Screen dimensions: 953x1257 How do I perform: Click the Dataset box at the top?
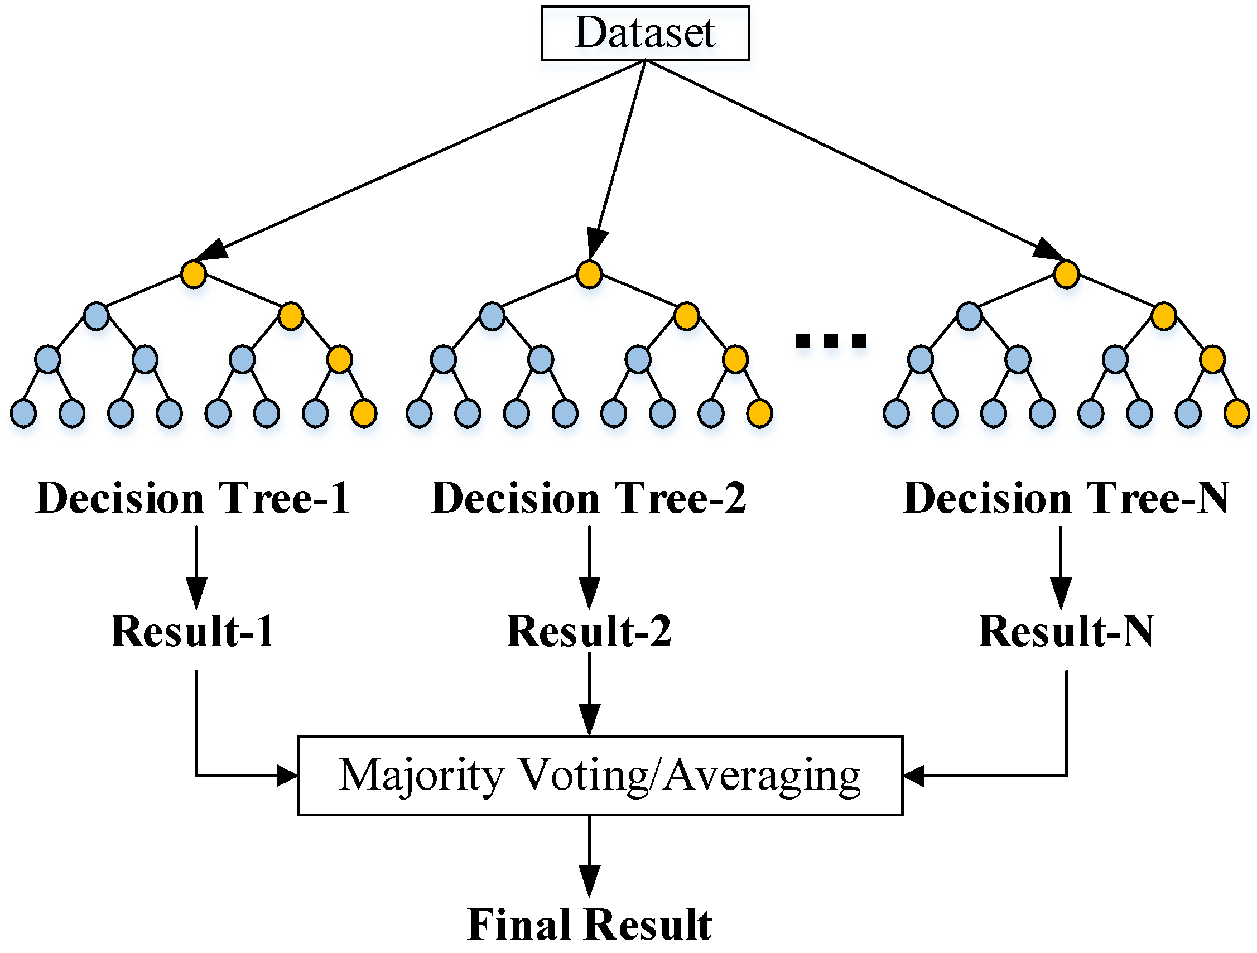[645, 33]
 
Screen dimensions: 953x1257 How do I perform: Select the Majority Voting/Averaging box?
[600, 776]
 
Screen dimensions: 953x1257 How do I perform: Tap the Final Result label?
[589, 925]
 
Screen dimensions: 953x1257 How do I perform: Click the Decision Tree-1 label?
[192, 498]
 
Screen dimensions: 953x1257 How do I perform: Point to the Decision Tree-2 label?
[589, 498]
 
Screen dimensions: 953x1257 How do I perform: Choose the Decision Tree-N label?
[1066, 498]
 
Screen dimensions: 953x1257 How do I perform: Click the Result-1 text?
[192, 632]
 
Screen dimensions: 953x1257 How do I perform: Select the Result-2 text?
[589, 632]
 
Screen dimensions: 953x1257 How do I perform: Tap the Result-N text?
[1066, 632]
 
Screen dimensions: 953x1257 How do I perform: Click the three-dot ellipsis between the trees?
[830, 341]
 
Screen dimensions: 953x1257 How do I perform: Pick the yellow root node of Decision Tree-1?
[193, 275]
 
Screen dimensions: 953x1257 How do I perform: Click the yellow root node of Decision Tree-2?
[589, 275]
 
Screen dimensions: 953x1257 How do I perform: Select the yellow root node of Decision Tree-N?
[1066, 275]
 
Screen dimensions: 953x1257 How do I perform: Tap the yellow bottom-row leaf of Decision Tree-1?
[364, 413]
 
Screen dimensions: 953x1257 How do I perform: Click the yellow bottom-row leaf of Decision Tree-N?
[1236, 413]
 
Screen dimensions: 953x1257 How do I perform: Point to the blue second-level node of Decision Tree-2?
[492, 316]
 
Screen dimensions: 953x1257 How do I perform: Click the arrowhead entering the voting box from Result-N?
[913, 775]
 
